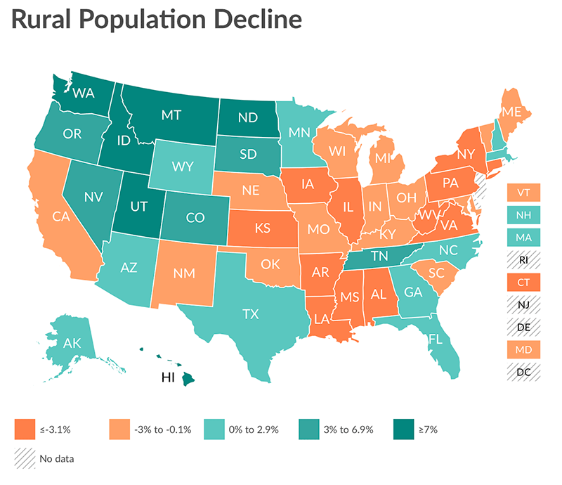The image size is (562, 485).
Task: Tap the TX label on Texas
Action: (x=251, y=314)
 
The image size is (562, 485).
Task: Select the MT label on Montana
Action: (x=173, y=114)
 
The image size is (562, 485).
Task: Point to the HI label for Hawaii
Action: (x=168, y=377)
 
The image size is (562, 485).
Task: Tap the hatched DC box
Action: (x=524, y=373)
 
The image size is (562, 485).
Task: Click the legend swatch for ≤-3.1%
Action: (x=23, y=428)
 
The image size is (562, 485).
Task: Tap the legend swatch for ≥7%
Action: (x=403, y=428)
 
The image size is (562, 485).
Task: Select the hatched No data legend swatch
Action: (x=23, y=458)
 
